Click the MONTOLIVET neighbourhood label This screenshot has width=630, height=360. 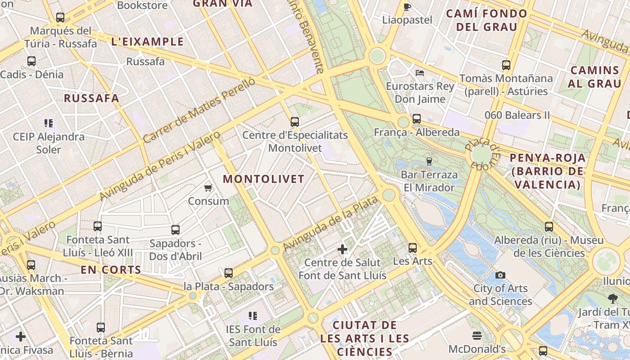point(264,179)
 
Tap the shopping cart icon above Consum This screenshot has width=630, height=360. point(208,188)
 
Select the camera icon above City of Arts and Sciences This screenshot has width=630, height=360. point(500,275)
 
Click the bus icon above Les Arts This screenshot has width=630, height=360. point(413,247)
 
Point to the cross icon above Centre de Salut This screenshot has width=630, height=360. point(342,249)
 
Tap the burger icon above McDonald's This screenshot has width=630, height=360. point(477,335)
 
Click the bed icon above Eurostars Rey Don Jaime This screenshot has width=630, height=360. point(420,72)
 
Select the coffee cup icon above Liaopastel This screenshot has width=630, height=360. point(407,6)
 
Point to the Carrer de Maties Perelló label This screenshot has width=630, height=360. point(199,110)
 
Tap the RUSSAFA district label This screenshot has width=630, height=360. point(91,99)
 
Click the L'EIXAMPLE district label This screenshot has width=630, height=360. point(148,42)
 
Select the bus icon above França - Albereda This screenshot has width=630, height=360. point(417,119)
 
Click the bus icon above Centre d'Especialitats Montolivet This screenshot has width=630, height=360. point(295,121)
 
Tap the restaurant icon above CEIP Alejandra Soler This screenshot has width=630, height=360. point(49,123)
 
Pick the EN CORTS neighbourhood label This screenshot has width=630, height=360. point(111,270)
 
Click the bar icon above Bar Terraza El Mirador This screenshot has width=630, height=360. point(429,161)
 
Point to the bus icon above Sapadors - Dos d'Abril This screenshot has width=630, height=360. point(175,230)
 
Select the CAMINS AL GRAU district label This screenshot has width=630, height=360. point(594,77)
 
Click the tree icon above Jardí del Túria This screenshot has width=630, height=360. point(612,298)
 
